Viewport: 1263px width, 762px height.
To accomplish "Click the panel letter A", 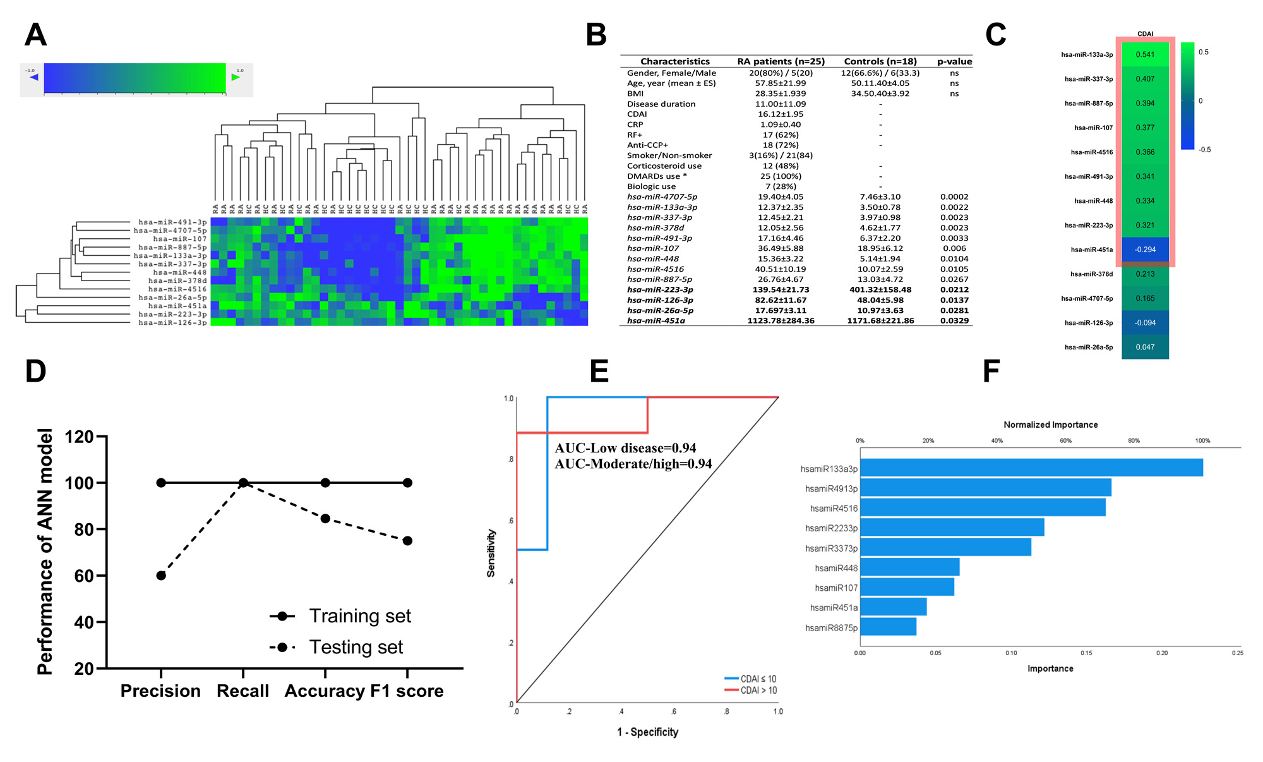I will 35,35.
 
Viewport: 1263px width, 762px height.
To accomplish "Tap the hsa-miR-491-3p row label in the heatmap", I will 172,222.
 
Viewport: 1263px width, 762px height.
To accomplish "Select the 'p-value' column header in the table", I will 954,61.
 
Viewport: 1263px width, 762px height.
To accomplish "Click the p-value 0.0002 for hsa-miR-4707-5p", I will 954,197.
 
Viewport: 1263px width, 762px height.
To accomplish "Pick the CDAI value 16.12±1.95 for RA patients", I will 781,114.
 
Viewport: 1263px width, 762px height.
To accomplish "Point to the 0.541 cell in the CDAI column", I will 1145,54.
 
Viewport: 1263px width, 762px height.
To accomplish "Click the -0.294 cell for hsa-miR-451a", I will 1145,250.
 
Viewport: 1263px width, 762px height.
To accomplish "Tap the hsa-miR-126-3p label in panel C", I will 1088,323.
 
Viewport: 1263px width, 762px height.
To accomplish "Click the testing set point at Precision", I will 161,576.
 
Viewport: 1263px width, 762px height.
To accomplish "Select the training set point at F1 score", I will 407,483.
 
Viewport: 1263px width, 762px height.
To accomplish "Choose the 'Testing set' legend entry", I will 356,647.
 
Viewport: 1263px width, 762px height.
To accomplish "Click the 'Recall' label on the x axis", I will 242,691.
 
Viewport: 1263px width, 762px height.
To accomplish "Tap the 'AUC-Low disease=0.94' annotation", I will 625,448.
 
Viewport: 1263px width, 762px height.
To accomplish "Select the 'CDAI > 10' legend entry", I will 758,690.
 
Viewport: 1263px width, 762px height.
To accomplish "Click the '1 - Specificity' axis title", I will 647,732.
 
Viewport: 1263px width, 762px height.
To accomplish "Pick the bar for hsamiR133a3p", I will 1031,468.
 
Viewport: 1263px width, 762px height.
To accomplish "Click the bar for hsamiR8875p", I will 888,627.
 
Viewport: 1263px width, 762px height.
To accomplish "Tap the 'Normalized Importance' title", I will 1050,425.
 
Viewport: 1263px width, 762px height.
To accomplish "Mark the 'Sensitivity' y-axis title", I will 491,553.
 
